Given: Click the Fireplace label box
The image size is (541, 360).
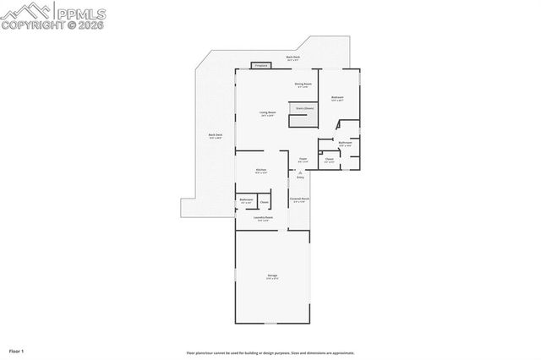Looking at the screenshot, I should point(260,65).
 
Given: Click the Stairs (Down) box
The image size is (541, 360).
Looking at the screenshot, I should point(304,108).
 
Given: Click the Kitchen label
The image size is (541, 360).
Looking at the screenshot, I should point(261,170).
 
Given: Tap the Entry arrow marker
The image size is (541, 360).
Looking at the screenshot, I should point(300,173).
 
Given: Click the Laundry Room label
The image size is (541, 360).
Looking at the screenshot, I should point(263,217).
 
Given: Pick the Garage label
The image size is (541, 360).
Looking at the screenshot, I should point(273,276).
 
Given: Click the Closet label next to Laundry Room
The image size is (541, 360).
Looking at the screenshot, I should point(264,202).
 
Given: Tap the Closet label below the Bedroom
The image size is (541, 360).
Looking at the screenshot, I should point(329,158).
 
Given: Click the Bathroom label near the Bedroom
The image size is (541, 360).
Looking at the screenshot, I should point(345,143).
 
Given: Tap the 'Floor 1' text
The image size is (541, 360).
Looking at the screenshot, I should point(17,350).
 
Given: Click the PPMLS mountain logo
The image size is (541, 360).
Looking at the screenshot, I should point(26,12).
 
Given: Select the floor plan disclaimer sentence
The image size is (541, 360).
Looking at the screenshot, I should point(270,353).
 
